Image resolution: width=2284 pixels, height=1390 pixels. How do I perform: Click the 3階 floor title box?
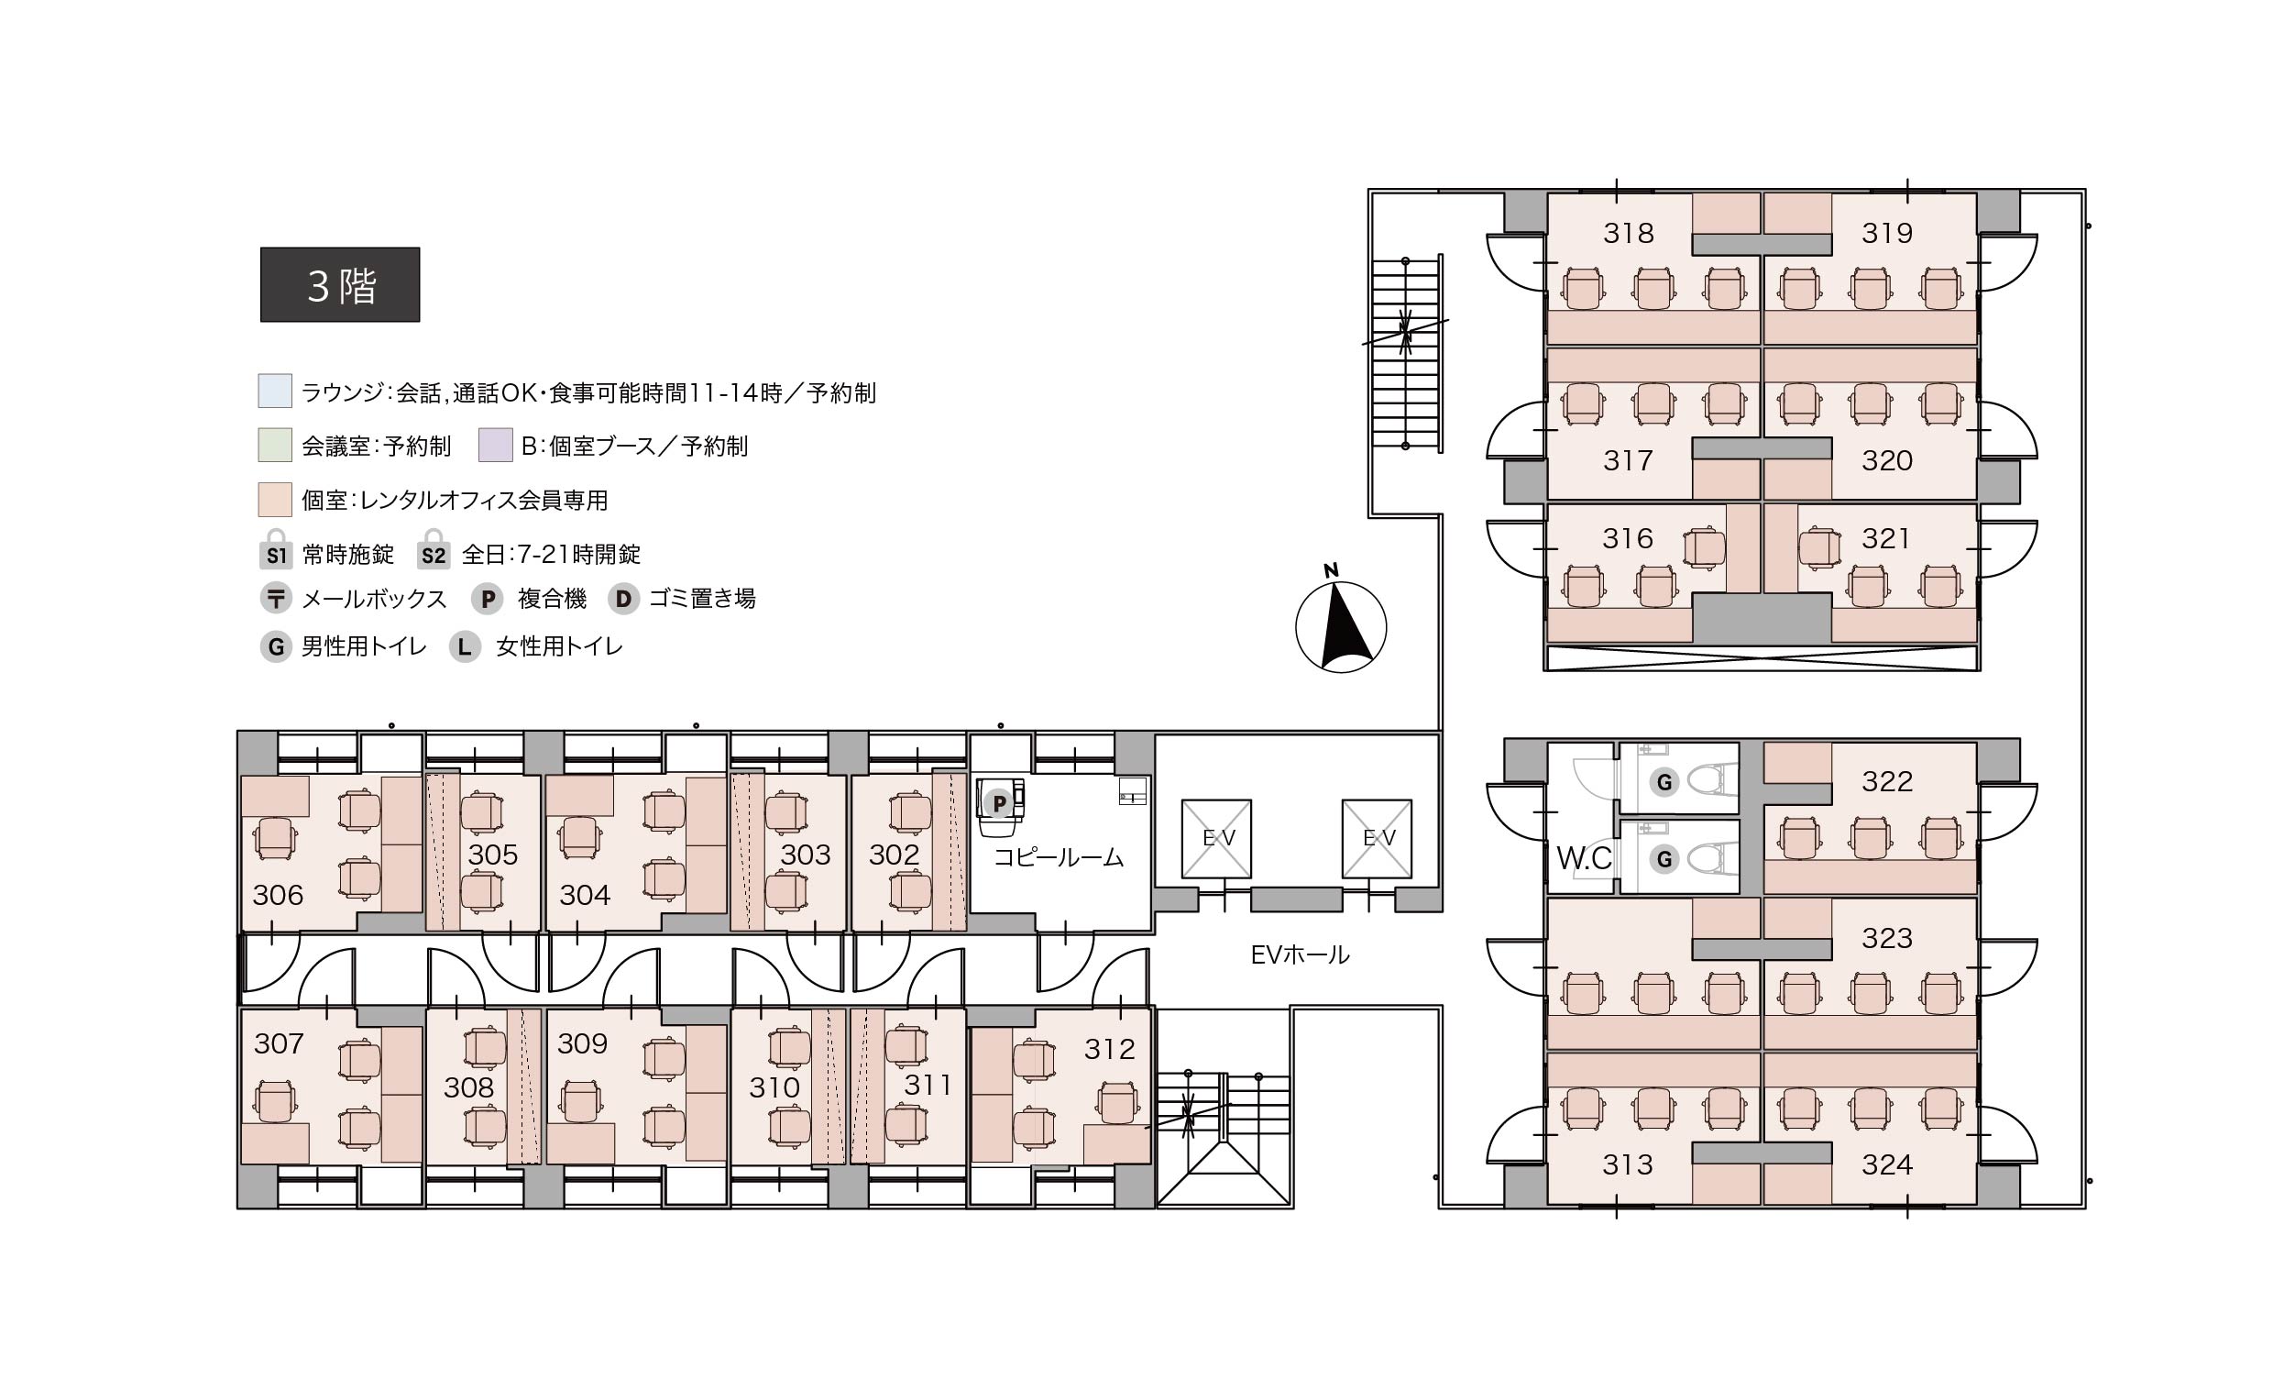pos(339,284)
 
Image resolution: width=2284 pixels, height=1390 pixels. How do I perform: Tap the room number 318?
pos(1629,233)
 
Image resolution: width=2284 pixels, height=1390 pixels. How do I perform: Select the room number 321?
pos(1885,538)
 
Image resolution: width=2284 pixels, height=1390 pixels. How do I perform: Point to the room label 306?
pos(278,895)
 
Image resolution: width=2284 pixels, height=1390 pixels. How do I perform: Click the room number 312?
pos(1110,1049)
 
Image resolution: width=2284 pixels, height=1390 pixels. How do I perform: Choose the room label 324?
pos(1887,1164)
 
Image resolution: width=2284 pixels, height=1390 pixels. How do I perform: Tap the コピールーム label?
pos(1059,856)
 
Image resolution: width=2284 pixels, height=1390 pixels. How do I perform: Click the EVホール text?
pos(1300,954)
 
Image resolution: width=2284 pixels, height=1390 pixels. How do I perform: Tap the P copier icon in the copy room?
pos(999,802)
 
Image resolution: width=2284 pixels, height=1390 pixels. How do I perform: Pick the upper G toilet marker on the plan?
pos(1664,783)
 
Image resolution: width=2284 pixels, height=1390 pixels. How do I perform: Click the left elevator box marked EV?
pos(1216,838)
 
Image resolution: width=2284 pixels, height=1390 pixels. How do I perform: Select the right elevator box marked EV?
pos(1377,838)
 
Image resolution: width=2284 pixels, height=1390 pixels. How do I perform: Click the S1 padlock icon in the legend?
pos(276,548)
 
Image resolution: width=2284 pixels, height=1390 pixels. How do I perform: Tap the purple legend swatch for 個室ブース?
pos(496,445)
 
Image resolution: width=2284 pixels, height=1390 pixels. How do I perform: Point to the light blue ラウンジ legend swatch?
pos(275,391)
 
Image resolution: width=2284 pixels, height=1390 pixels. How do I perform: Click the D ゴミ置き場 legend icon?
pos(623,599)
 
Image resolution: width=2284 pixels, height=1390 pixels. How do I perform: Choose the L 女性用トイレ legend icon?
pos(465,646)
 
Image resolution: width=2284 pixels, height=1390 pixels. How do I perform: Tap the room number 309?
pos(582,1043)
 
